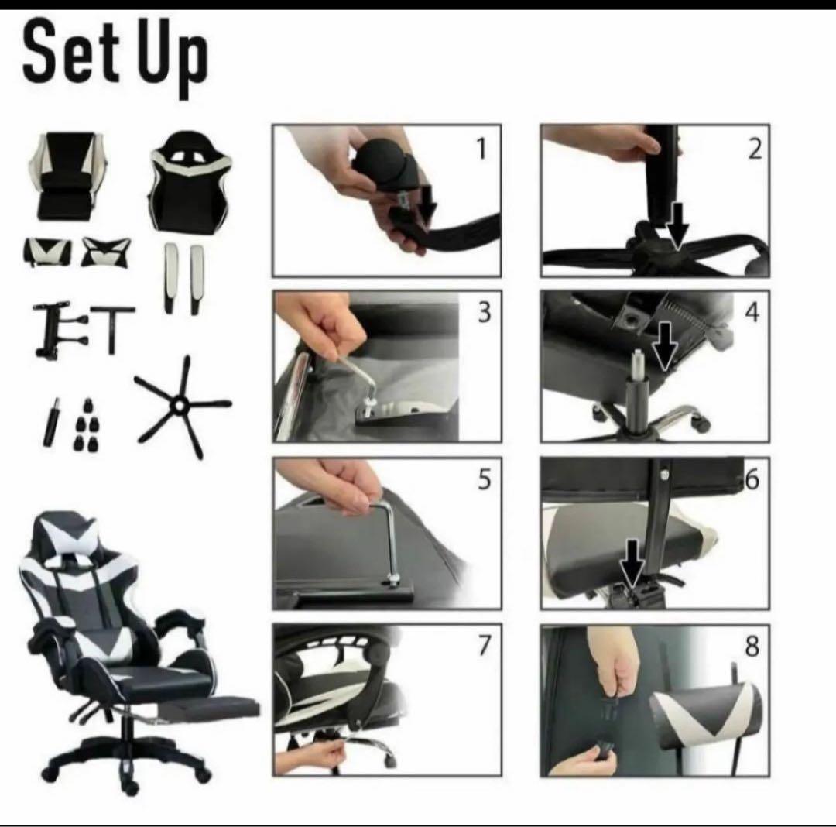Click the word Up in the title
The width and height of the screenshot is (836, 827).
coord(172,57)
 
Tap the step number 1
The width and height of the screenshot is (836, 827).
coord(482,149)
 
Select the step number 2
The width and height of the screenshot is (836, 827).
coord(755,148)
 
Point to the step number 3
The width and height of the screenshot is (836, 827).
coord(484,312)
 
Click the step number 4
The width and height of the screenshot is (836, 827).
coord(752,312)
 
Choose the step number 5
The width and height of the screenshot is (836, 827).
coord(484,479)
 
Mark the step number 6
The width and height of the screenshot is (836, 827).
coord(752,479)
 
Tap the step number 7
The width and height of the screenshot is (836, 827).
coord(484,646)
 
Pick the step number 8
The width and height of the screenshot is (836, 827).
coord(752,646)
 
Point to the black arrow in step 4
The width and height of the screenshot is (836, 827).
coord(664,345)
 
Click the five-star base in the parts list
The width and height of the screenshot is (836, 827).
coord(181,407)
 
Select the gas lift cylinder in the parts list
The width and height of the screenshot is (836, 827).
coord(50,421)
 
